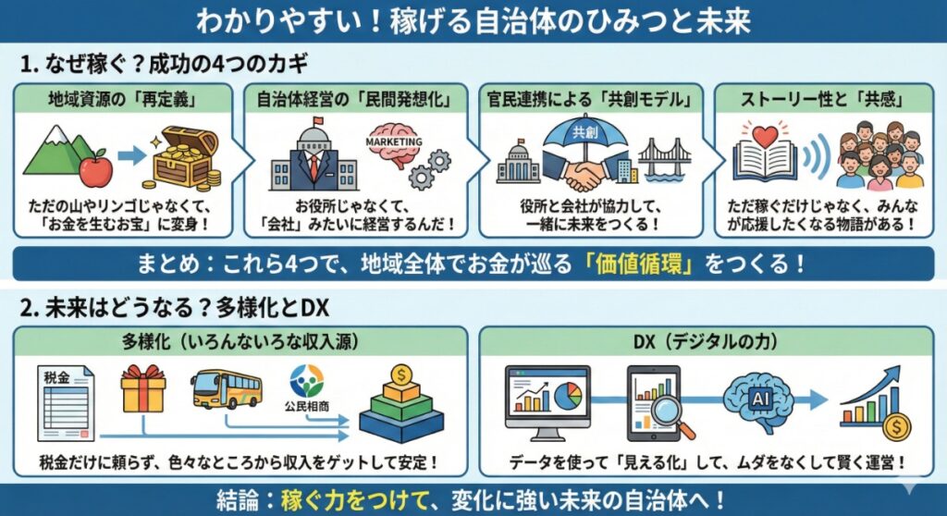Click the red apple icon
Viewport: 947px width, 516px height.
(x=97, y=169)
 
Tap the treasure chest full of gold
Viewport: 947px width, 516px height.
(x=185, y=161)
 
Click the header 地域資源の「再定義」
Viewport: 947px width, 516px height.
(x=123, y=96)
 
